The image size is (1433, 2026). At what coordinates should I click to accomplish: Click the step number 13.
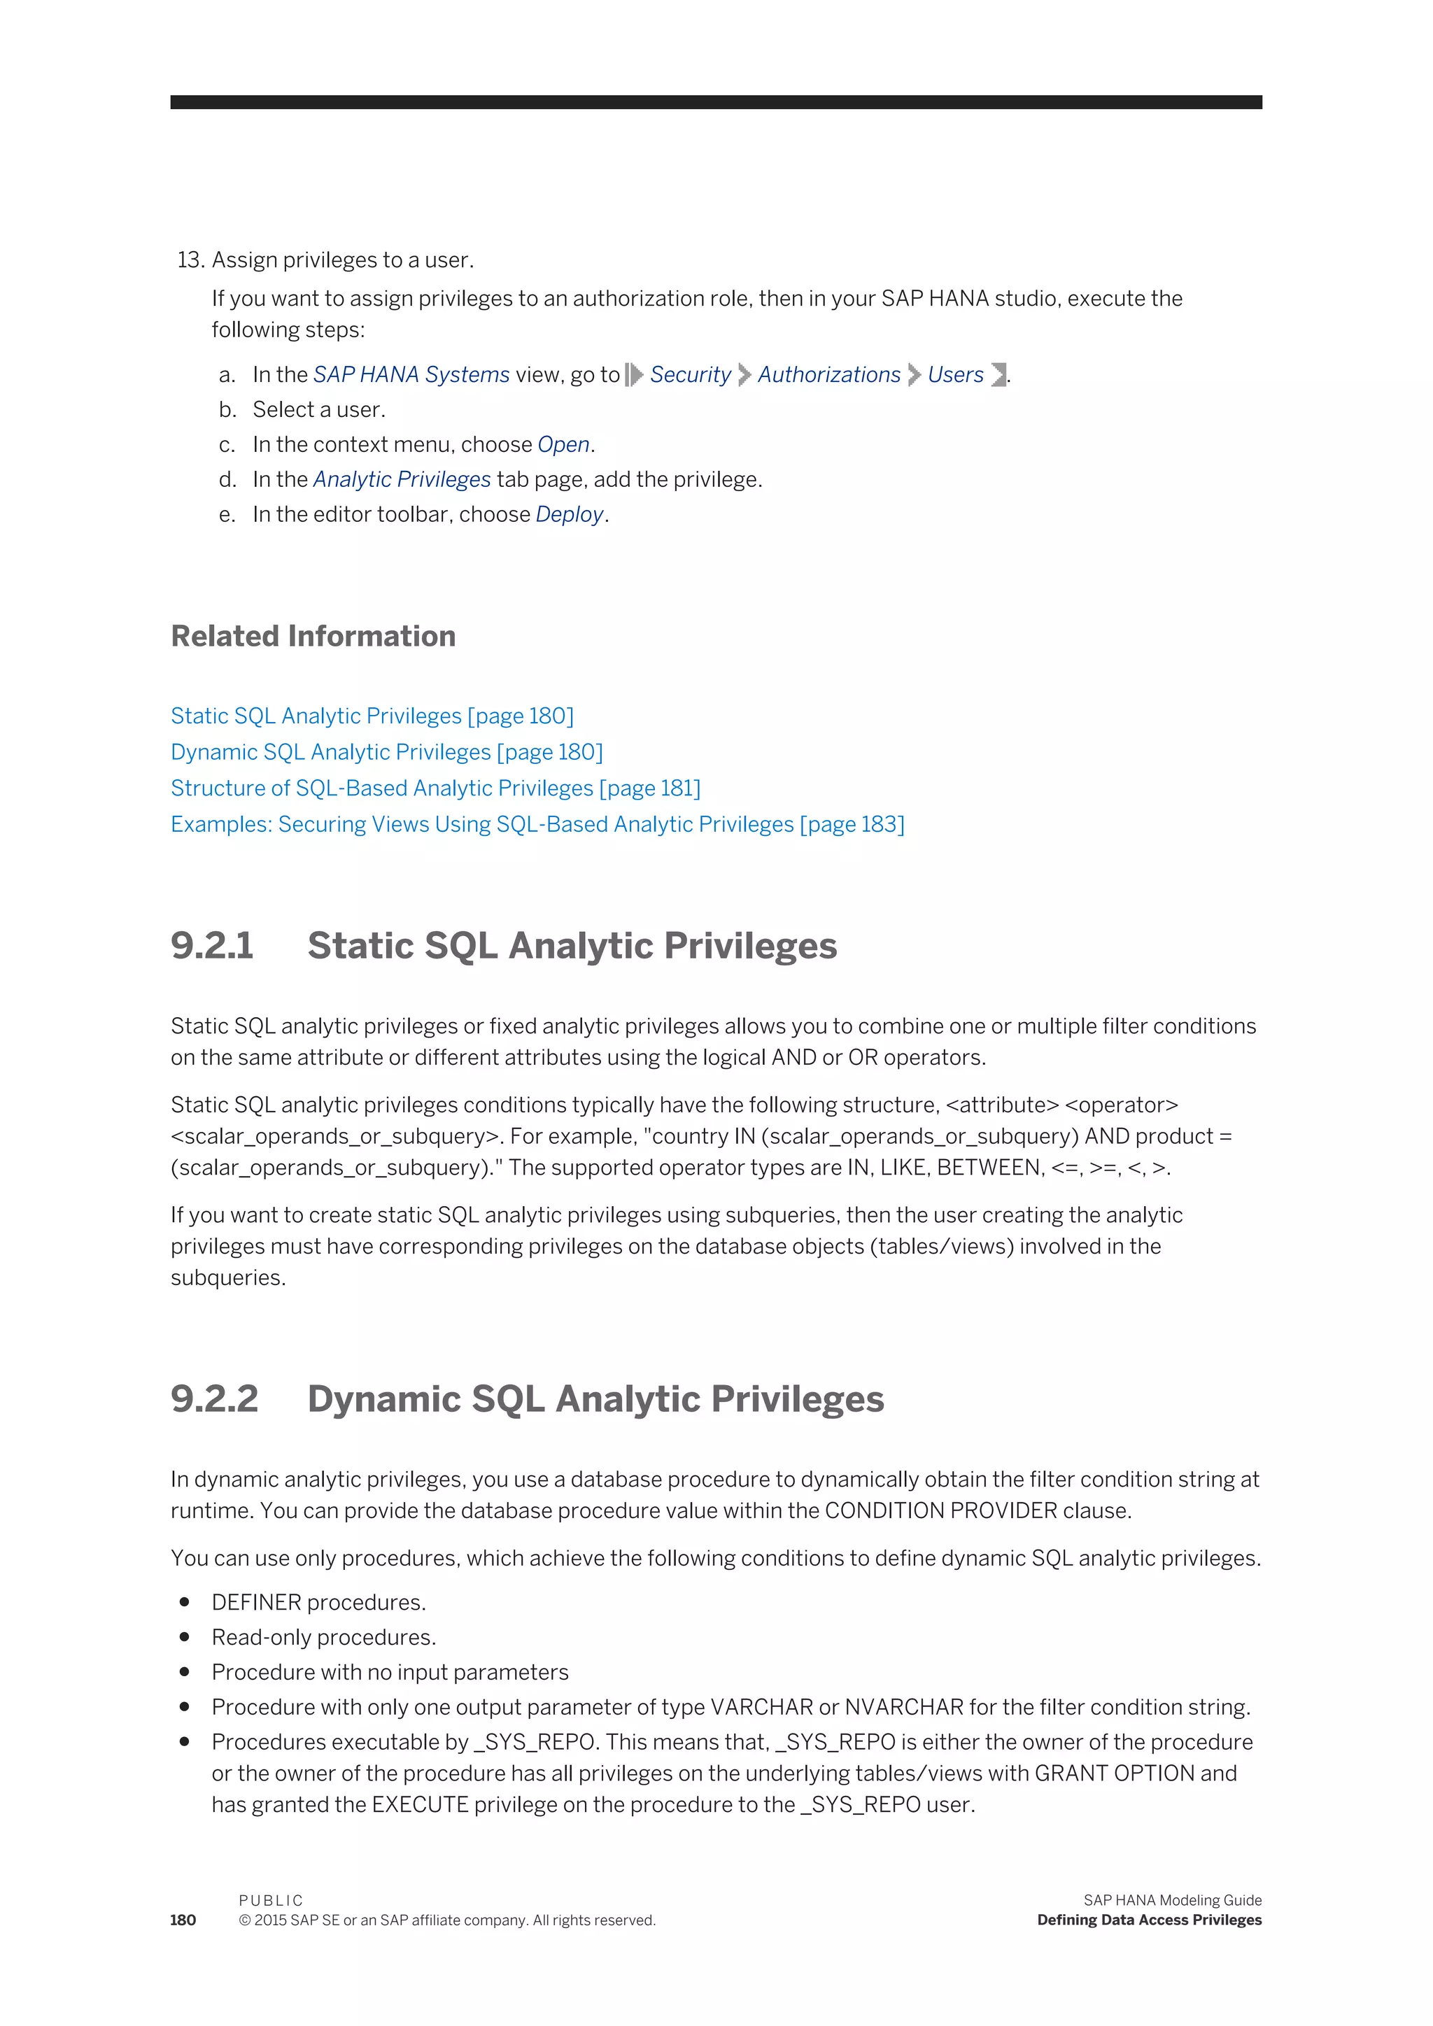[x=190, y=260]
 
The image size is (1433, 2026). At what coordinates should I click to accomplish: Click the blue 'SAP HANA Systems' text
[x=411, y=375]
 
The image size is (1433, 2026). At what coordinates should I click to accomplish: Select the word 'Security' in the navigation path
[x=690, y=375]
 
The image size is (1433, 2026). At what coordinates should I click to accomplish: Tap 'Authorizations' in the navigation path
[x=828, y=375]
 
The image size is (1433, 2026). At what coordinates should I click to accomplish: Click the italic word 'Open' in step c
[x=563, y=445]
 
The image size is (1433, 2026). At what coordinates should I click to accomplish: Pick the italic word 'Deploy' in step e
[x=569, y=514]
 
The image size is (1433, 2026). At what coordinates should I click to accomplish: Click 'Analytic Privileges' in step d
[x=402, y=480]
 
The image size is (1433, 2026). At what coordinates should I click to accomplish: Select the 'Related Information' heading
[x=313, y=636]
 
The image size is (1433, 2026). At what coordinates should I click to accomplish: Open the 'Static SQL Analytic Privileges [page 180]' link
[x=372, y=716]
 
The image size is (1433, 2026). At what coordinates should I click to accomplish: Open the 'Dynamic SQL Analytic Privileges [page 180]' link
[x=386, y=752]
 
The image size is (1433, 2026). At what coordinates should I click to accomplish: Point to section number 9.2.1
[x=212, y=946]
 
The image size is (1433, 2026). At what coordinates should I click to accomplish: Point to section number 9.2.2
[x=214, y=1399]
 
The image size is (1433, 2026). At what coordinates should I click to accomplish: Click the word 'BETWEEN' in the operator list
[x=988, y=1168]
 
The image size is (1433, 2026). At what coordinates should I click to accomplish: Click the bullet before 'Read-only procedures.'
[x=185, y=1637]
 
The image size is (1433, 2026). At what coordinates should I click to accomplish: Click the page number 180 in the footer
[x=183, y=1920]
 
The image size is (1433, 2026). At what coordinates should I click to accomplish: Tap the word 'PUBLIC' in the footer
[x=271, y=1900]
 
